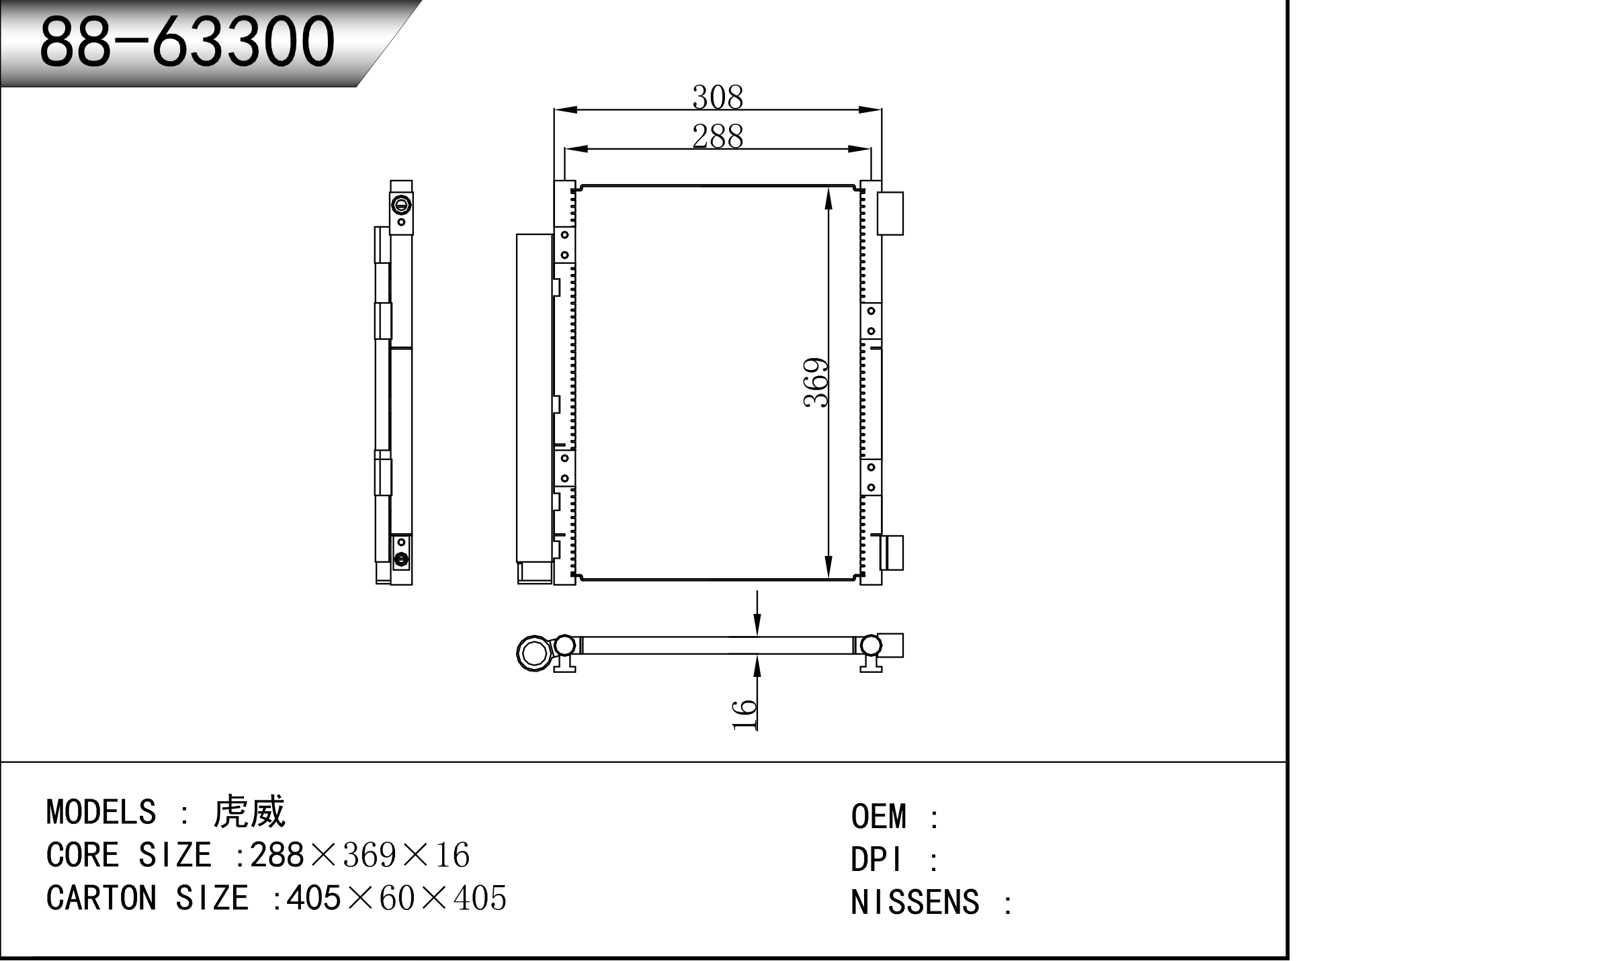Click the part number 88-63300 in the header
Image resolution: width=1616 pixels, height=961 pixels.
pos(187,42)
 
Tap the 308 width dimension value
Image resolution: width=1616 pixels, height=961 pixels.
pos(718,97)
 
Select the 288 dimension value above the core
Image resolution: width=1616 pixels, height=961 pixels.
pos(718,137)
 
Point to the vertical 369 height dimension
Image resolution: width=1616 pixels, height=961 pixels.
pos(816,383)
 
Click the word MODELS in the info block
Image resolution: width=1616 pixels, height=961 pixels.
pos(101,812)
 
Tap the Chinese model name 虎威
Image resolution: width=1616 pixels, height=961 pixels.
pos(249,812)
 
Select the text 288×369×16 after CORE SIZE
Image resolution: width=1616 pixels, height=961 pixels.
pos(359,855)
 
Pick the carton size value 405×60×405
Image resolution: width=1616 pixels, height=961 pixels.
pos(396,898)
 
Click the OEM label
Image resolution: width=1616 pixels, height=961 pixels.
pos(878,817)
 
